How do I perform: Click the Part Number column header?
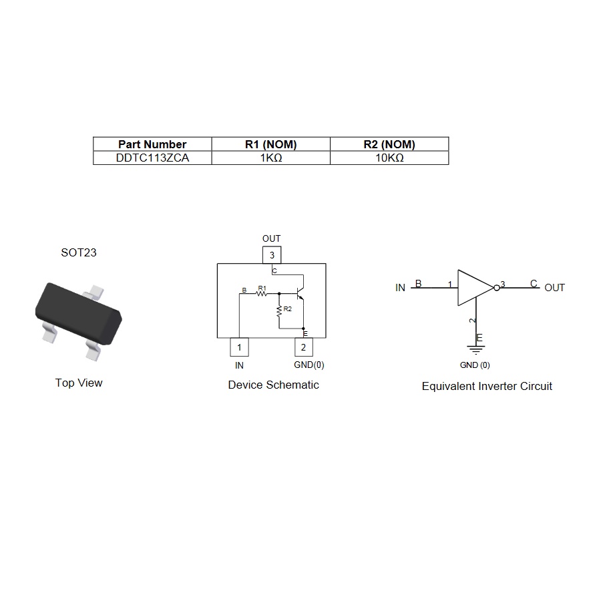pos(152,144)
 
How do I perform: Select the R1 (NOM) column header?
pos(270,144)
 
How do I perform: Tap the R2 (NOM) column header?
pos(389,144)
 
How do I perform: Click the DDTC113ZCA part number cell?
pos(152,158)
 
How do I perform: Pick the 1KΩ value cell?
pos(270,158)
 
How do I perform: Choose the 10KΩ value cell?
pos(389,158)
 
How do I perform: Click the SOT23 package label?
pos(79,252)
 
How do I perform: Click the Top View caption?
pos(79,383)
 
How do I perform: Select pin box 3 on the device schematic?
pos(271,255)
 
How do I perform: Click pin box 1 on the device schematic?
pos(239,347)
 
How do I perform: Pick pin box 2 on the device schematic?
pos(303,347)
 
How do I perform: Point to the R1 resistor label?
pos(262,288)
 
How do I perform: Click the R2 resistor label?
pos(287,309)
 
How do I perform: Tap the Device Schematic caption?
pos(273,385)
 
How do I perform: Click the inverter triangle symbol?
pos(474,288)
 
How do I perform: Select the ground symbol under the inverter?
pos(475,349)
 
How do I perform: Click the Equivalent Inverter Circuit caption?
pos(487,386)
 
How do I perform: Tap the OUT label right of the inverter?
pos(554,288)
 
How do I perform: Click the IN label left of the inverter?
pos(400,288)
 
